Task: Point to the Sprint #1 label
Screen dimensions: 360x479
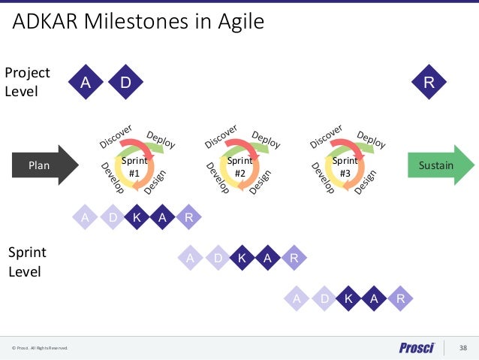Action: click(135, 167)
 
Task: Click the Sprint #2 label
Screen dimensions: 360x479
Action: click(240, 167)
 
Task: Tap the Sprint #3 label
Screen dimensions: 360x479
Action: click(345, 167)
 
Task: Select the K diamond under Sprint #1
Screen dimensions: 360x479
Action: click(137, 218)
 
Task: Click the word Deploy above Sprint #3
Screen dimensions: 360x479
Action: click(371, 139)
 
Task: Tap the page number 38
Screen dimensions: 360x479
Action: click(462, 347)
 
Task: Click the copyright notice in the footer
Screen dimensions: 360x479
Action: click(39, 348)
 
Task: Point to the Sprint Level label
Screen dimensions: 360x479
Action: click(29, 261)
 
